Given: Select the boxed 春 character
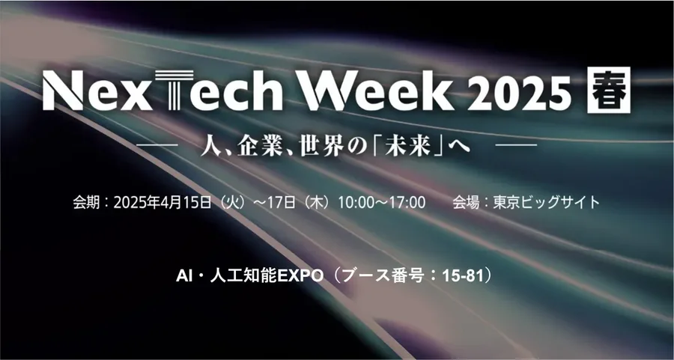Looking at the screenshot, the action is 608,90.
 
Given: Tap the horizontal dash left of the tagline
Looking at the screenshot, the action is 157,145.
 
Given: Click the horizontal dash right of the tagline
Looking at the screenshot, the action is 516,145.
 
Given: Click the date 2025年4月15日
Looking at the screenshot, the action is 163,202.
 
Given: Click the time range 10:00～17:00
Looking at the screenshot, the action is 382,202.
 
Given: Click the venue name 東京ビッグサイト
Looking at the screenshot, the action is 546,202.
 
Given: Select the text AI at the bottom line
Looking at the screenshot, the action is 183,276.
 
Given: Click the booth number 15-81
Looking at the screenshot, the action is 463,276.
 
